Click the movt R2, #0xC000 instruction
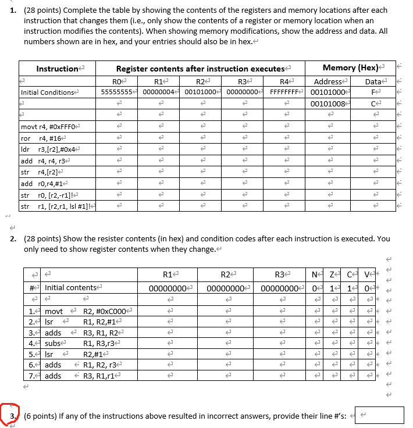87,311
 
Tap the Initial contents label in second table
72,288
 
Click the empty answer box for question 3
379,415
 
